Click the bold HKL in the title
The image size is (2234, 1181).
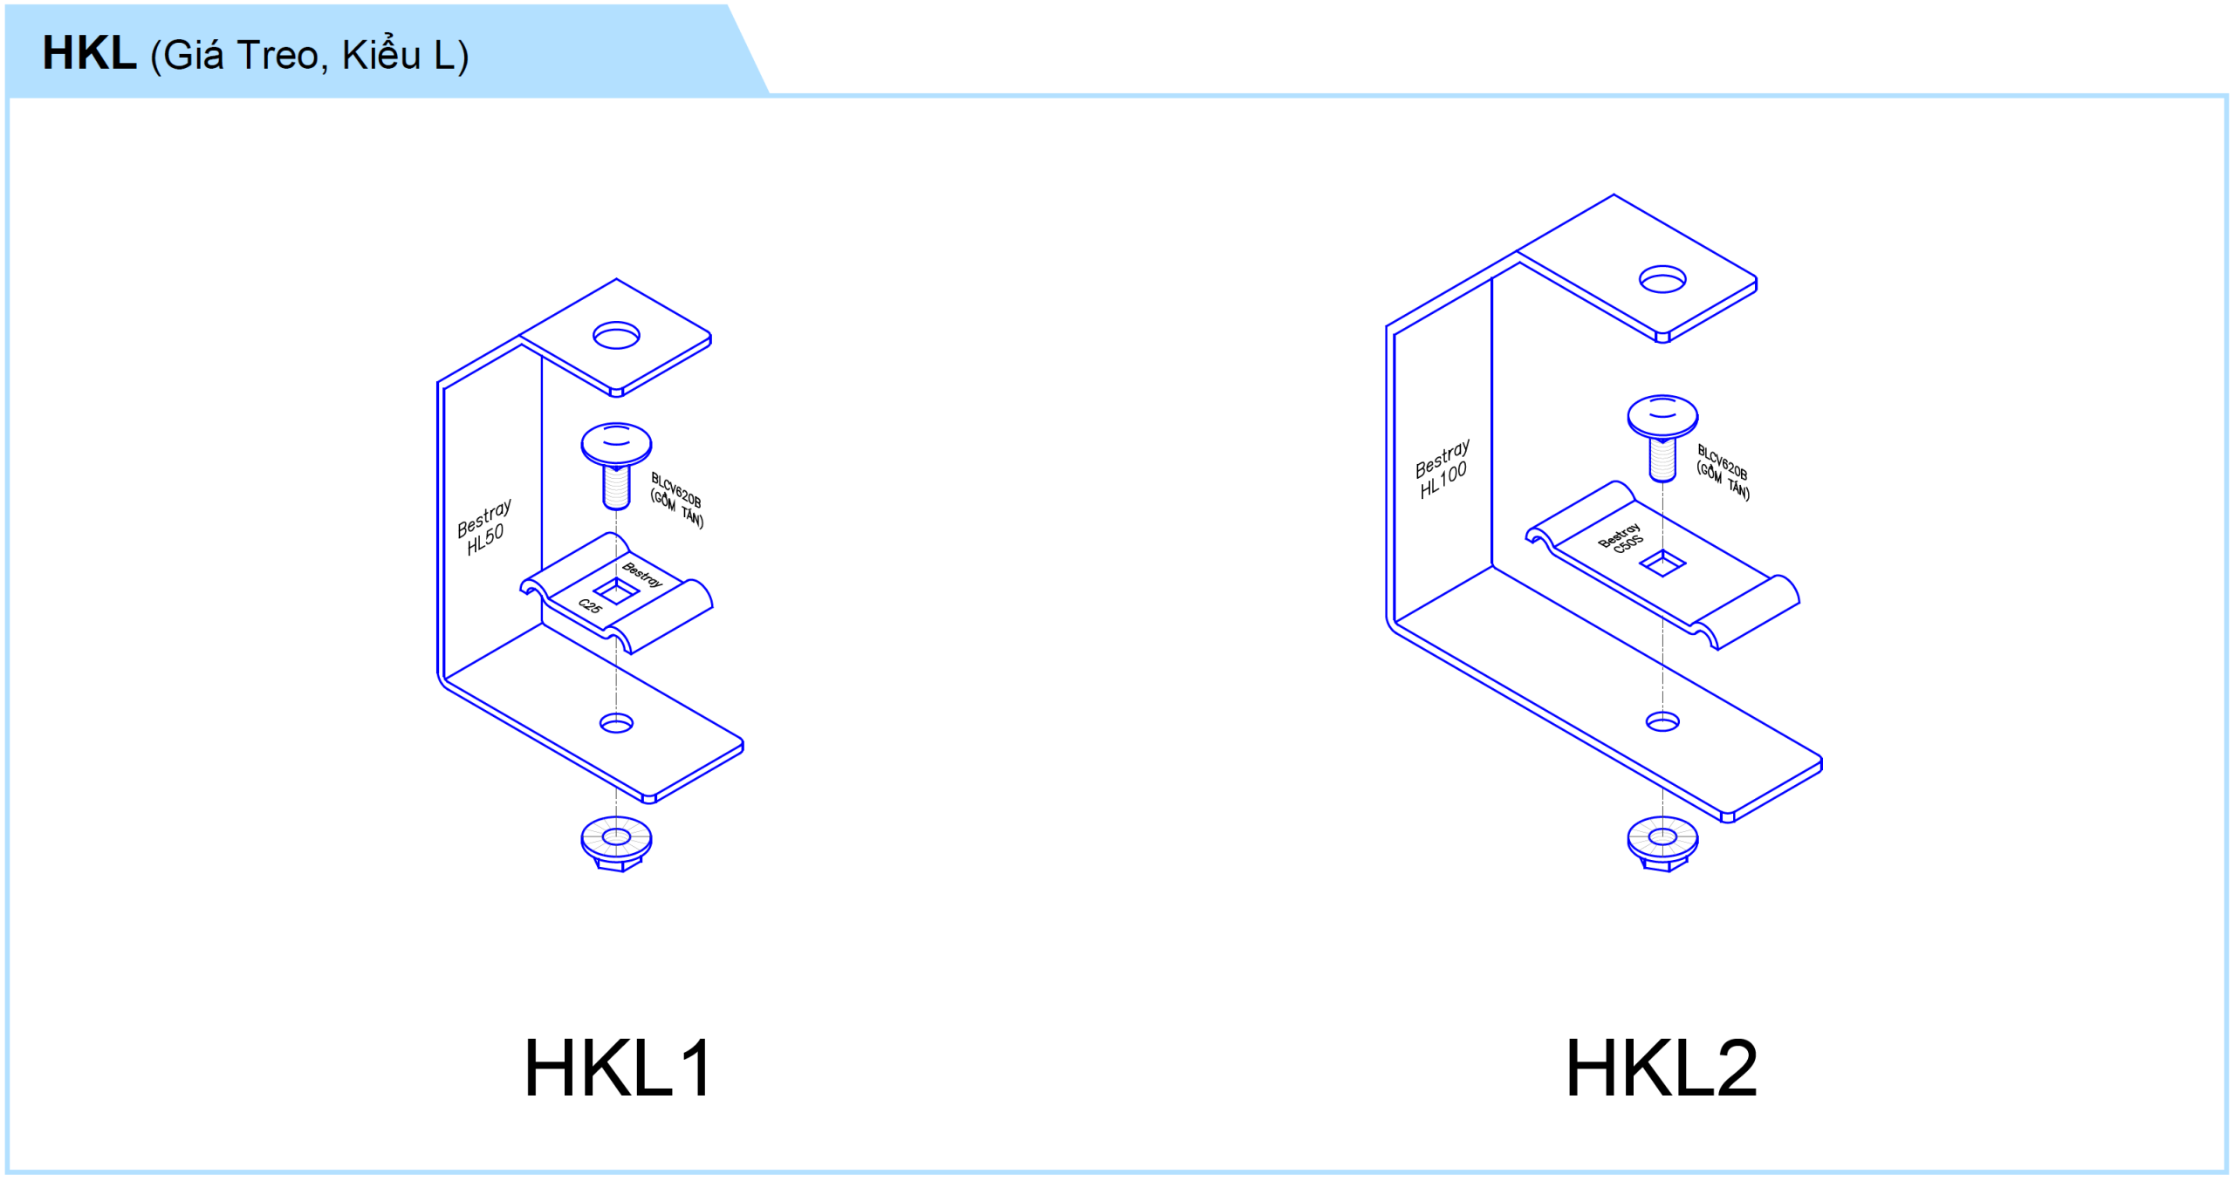[x=89, y=54]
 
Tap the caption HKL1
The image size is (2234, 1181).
[x=618, y=1068]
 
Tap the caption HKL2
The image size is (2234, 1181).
[x=1661, y=1068]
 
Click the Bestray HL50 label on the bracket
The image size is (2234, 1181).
[x=483, y=527]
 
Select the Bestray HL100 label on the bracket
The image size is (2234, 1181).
[x=1443, y=469]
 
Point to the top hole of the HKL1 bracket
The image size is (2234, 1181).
[x=616, y=336]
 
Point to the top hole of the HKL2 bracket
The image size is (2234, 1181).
[x=1662, y=280]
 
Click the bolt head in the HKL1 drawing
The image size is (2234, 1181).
[x=616, y=445]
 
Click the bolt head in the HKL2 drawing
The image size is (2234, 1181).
[x=1662, y=416]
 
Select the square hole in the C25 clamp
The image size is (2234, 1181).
[x=616, y=593]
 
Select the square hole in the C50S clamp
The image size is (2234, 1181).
[x=1662, y=563]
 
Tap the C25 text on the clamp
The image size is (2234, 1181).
[x=590, y=605]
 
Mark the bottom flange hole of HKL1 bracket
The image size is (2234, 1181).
[x=616, y=723]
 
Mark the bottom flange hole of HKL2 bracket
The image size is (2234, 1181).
[x=1662, y=721]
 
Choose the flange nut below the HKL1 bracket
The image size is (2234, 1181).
[x=616, y=843]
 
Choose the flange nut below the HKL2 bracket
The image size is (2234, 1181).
[x=1662, y=843]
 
